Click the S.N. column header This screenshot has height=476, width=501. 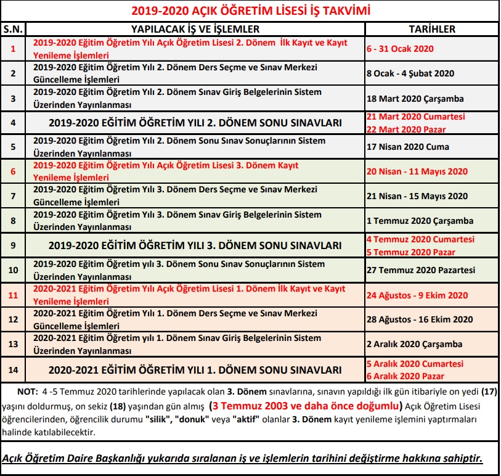click(x=13, y=29)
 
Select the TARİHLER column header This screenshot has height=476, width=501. click(x=432, y=29)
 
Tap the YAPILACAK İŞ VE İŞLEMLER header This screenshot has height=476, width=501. click(x=195, y=29)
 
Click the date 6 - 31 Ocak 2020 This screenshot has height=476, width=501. click(x=400, y=49)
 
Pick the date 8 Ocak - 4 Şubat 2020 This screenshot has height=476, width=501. click(x=410, y=73)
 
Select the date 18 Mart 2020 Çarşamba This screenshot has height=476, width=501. click(x=415, y=98)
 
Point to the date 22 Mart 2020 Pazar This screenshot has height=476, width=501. click(x=405, y=129)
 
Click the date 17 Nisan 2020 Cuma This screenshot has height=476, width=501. click(x=407, y=147)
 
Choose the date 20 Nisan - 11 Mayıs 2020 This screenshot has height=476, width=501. click(x=417, y=172)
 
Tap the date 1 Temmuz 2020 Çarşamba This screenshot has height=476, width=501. click(x=420, y=221)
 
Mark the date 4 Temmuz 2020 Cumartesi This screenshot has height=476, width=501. click(x=420, y=239)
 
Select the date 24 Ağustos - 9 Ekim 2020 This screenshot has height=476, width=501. click(x=417, y=295)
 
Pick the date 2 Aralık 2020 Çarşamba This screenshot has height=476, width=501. click(x=414, y=344)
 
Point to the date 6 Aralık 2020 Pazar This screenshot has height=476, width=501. click(x=405, y=376)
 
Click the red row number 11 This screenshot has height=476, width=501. click(x=13, y=295)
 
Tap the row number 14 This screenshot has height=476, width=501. click(x=13, y=370)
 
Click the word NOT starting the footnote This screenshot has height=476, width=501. click(x=26, y=392)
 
